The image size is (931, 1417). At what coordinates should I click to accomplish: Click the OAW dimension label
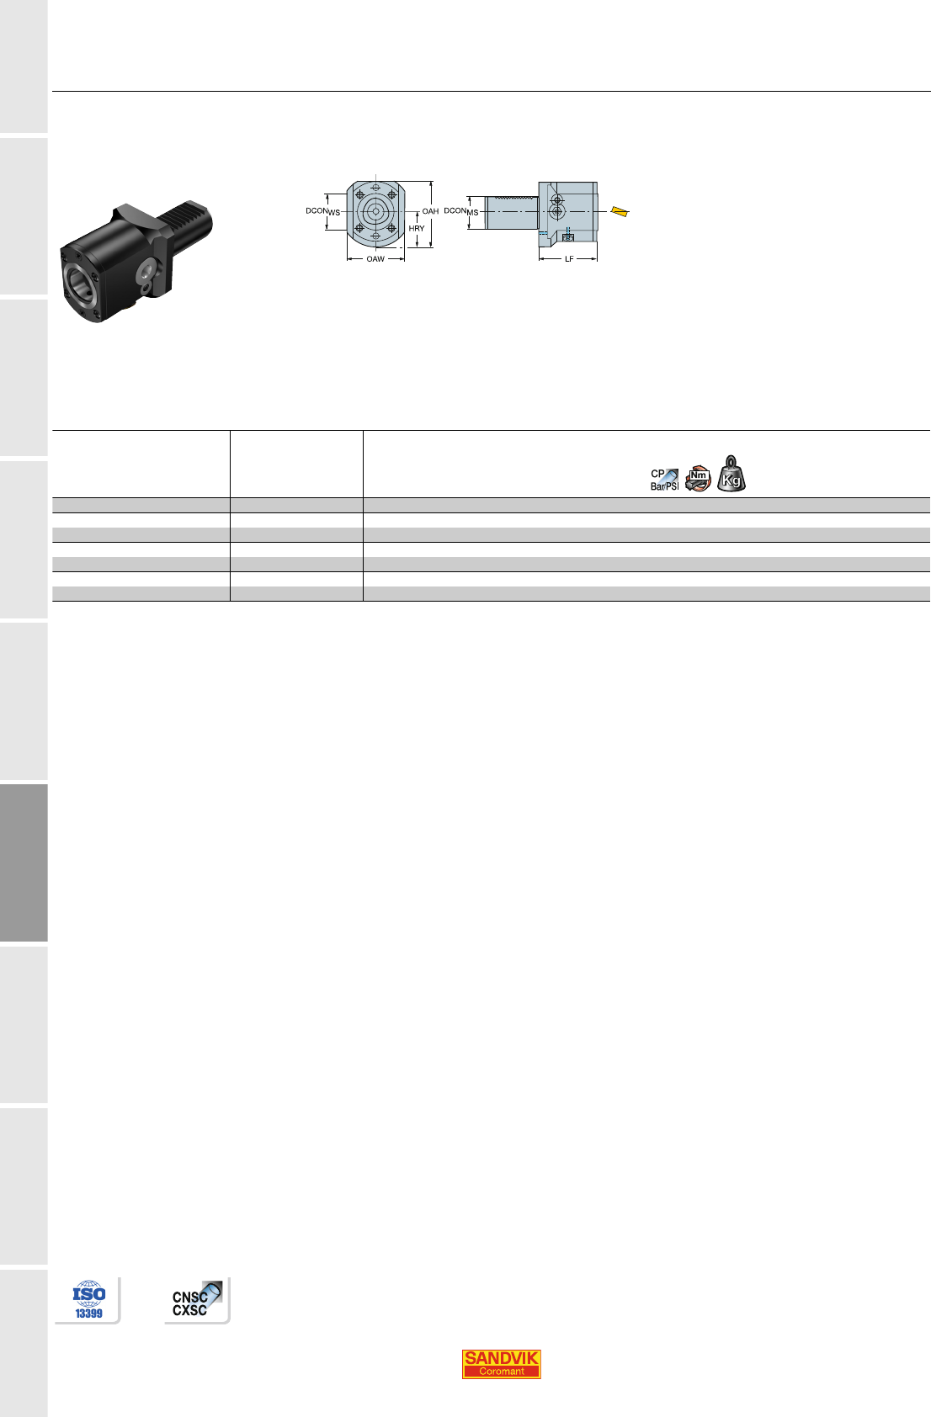point(375,258)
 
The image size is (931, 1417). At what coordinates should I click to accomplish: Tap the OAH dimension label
point(430,211)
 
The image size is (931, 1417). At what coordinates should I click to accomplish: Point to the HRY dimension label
point(417,228)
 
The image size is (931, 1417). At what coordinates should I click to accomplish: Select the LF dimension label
point(569,258)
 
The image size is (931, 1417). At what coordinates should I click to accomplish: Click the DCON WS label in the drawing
point(322,211)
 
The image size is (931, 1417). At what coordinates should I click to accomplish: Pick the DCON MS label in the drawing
point(461,211)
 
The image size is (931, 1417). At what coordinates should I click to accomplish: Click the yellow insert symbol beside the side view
point(620,211)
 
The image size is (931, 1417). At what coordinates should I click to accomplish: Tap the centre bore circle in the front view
point(376,211)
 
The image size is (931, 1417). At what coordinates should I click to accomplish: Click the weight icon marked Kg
point(731,474)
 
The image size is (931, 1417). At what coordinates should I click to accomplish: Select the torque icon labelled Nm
point(698,479)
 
